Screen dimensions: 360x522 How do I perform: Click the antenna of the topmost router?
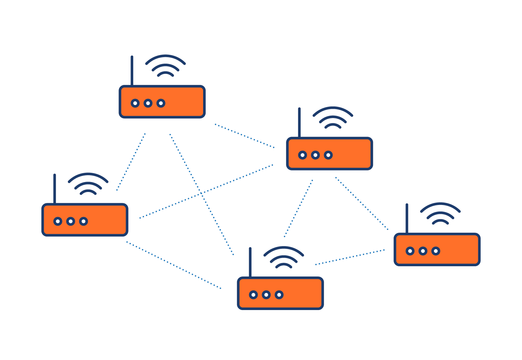[x=132, y=70]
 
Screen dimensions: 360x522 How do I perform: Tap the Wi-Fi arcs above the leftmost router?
[x=88, y=183]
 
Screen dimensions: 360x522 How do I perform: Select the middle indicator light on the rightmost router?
[x=423, y=251]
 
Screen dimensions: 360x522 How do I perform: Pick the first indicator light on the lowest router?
[x=253, y=295]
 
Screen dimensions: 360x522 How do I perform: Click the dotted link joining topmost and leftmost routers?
[x=131, y=162]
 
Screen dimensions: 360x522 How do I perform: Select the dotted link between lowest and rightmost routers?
[x=350, y=257]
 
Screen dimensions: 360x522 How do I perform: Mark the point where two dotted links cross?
[x=202, y=193]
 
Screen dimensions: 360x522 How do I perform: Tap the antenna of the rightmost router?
[x=407, y=218]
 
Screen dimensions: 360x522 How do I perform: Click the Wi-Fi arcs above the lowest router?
[x=284, y=257]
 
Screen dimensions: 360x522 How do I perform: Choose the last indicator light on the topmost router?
[x=161, y=103]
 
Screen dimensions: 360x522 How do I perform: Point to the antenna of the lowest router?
[x=250, y=262]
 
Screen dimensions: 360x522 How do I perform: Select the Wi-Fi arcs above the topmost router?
[x=165, y=65]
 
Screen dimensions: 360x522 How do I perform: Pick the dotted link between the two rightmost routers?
[x=362, y=203]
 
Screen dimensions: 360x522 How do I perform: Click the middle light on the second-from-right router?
[x=315, y=155]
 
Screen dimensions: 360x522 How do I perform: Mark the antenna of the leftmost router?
[x=54, y=189]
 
